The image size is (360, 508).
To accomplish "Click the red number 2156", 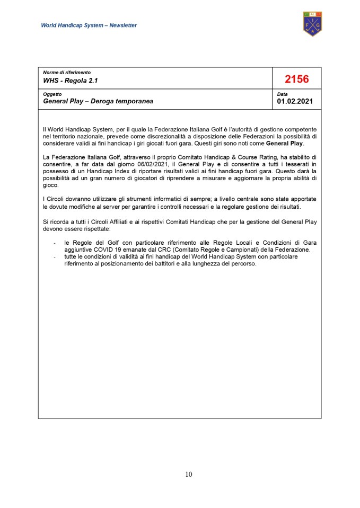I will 296,79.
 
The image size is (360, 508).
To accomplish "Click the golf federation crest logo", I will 312,24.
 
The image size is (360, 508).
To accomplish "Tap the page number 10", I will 189,474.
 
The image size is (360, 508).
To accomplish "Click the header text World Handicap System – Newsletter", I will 89,25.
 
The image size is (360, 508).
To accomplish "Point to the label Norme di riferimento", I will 67,72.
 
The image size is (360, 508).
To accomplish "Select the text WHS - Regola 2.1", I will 71,81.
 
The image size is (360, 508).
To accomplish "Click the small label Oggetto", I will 52,94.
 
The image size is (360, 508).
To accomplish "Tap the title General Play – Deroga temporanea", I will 98,101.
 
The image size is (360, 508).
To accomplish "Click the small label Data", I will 282,94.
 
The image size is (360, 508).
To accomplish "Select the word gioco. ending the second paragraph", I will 51,185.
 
